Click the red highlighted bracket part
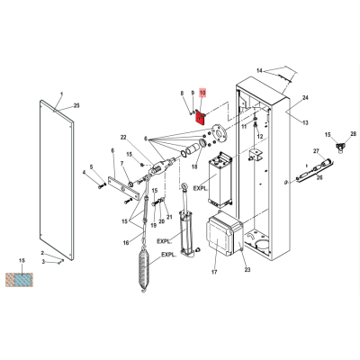click(x=201, y=118)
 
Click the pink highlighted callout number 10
click(x=202, y=93)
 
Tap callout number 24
click(x=305, y=98)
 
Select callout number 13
click(x=305, y=122)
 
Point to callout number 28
click(x=353, y=133)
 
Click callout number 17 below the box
click(x=214, y=272)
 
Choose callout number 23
click(x=247, y=270)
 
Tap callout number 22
click(x=123, y=137)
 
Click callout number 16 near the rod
click(x=126, y=243)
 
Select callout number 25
click(x=76, y=105)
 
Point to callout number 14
click(x=259, y=71)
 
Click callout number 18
click(x=194, y=166)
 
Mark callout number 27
click(x=316, y=151)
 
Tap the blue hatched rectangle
click(x=23, y=280)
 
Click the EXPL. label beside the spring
click(x=169, y=255)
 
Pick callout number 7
click(x=121, y=164)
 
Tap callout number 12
click(x=260, y=137)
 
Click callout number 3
click(x=43, y=262)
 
